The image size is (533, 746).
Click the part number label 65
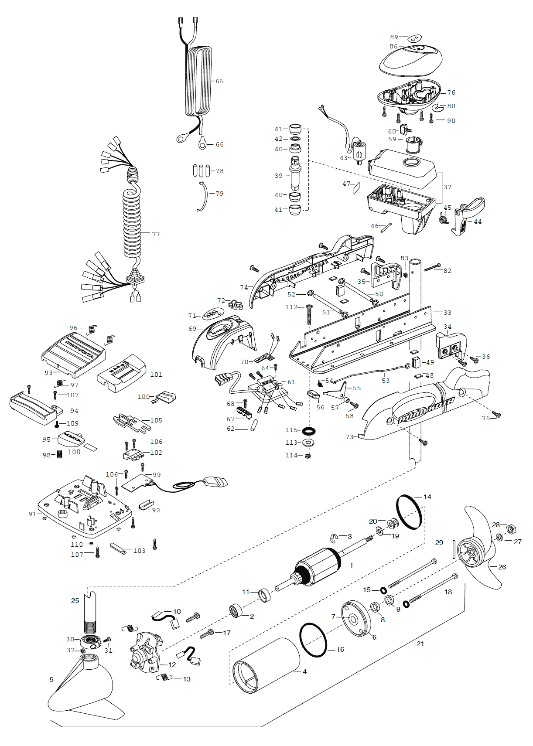(x=219, y=81)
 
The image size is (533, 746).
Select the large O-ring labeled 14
(x=409, y=512)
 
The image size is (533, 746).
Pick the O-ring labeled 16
(x=313, y=640)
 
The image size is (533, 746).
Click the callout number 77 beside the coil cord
(x=156, y=234)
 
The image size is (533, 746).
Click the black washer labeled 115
(x=309, y=431)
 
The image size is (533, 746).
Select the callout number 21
(x=420, y=644)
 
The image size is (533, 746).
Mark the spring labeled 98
(x=60, y=455)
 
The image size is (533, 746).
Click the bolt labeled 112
(x=309, y=314)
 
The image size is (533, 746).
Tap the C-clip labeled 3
(x=335, y=538)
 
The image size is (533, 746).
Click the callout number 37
(x=448, y=187)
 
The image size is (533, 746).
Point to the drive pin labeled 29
(x=454, y=549)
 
